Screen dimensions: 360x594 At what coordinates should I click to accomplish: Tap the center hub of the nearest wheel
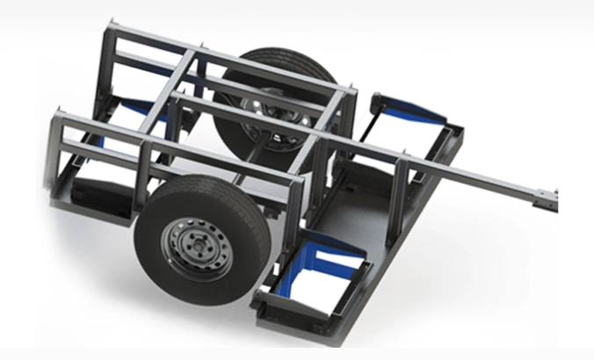tap(194, 245)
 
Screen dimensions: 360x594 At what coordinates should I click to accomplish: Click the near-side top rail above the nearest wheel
tap(211, 158)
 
